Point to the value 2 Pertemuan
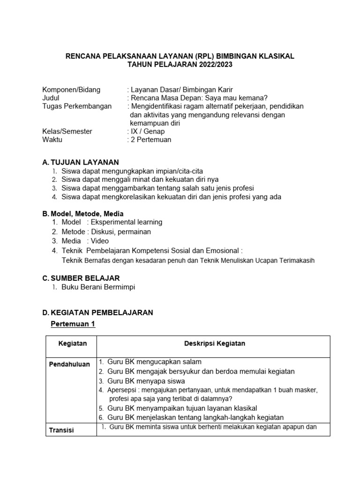(149, 140)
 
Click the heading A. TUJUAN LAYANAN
(81, 162)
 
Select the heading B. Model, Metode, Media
(83, 214)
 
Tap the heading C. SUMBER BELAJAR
(81, 278)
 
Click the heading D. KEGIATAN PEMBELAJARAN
(97, 313)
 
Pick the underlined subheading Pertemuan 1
(73, 324)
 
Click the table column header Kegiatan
(72, 344)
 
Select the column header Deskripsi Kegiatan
(214, 344)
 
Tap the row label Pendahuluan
(69, 365)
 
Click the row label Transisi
(62, 430)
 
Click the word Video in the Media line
(99, 241)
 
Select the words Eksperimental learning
(127, 222)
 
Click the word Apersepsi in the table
(123, 390)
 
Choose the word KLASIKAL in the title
(274, 56)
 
